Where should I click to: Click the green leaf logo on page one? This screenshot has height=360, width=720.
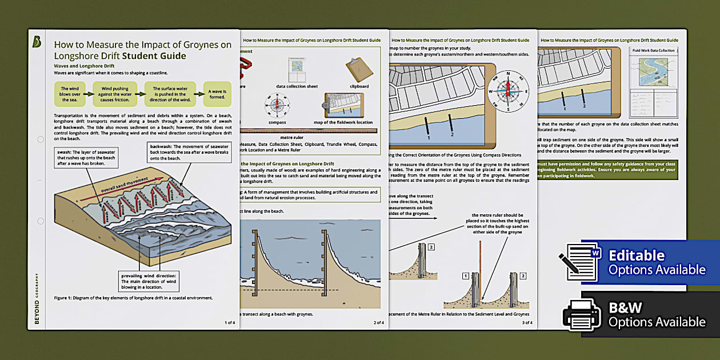coord(38,42)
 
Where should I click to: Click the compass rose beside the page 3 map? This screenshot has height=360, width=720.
coord(507,91)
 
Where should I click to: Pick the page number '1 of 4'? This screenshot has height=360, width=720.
coord(230,323)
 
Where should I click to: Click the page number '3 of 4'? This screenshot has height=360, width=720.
coord(526,323)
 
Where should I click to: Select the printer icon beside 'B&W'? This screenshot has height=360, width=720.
coord(581,315)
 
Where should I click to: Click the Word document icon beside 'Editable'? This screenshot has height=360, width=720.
coord(582,262)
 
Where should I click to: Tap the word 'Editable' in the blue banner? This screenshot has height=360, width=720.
coord(636,255)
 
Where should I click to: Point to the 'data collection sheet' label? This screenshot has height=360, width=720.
coord(297,86)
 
